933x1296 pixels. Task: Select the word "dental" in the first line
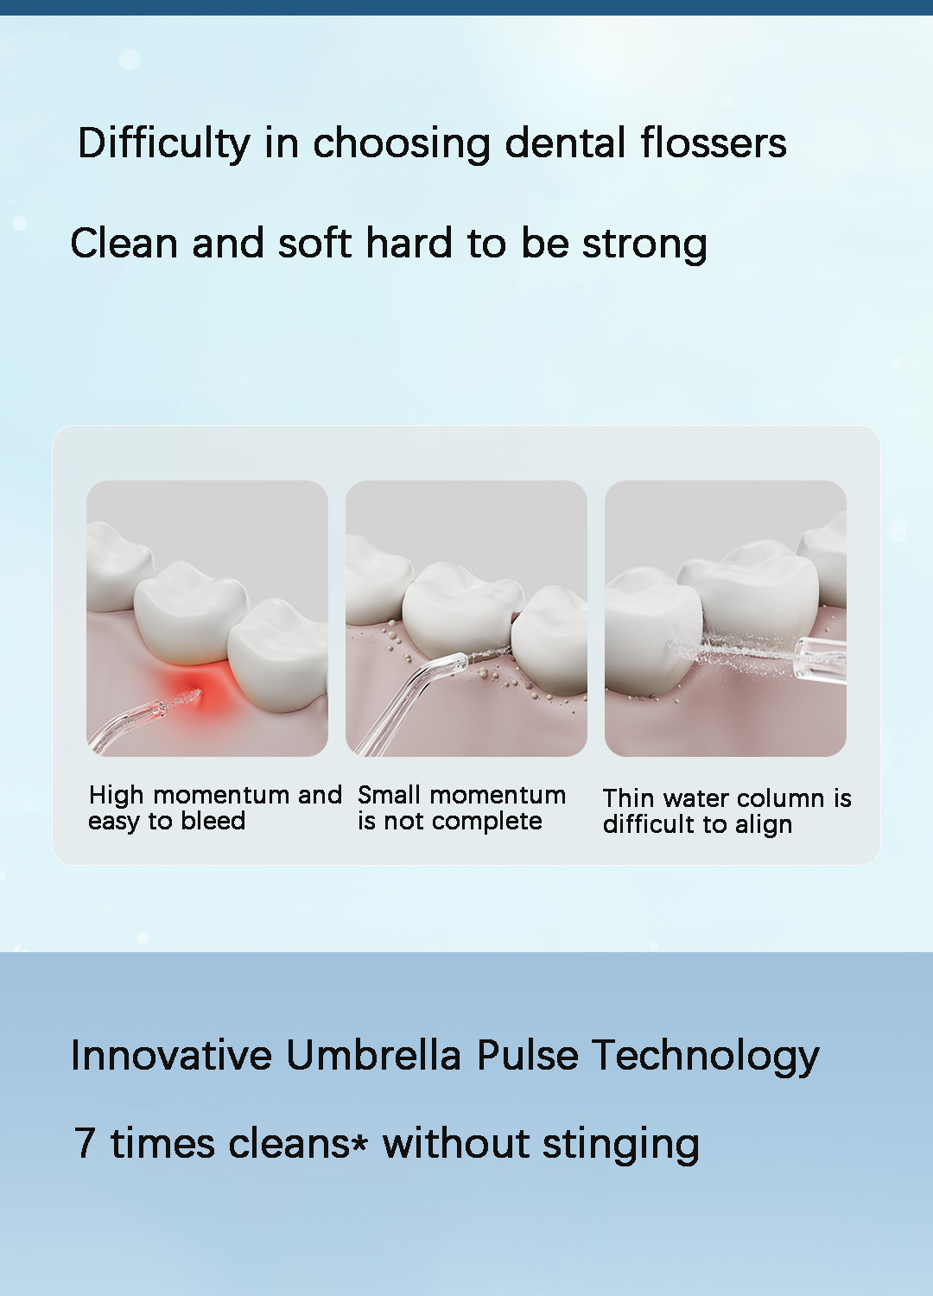click(565, 143)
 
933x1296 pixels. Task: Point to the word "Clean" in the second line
click(124, 244)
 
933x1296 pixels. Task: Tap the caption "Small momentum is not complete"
click(461, 808)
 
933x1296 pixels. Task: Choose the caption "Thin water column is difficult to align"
click(726, 811)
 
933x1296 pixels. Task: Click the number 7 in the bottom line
click(85, 1144)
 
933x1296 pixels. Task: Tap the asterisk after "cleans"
click(359, 1142)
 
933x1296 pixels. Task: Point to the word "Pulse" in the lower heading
click(527, 1056)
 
